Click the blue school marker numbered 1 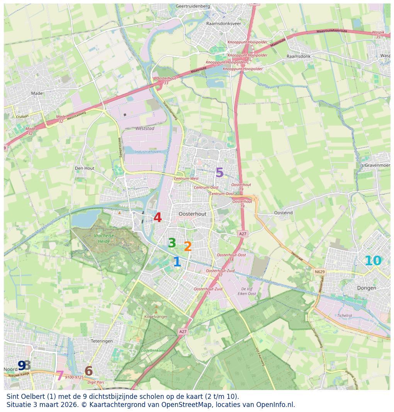pyautogui.click(x=177, y=262)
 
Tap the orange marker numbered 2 pyautogui.click(x=188, y=246)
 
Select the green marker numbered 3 pyautogui.click(x=172, y=243)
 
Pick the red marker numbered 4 pyautogui.click(x=158, y=218)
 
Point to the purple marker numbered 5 pyautogui.click(x=219, y=173)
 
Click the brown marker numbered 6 pyautogui.click(x=88, y=371)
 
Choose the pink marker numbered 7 pyautogui.click(x=60, y=376)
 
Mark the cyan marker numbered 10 pyautogui.click(x=373, y=261)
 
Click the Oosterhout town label pyautogui.click(x=192, y=214)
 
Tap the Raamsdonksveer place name pyautogui.click(x=224, y=24)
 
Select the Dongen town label pyautogui.click(x=367, y=288)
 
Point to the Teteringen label pyautogui.click(x=102, y=341)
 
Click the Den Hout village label pyautogui.click(x=85, y=168)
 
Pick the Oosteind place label pyautogui.click(x=283, y=213)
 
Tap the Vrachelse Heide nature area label pyautogui.click(x=102, y=238)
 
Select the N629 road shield pyautogui.click(x=319, y=272)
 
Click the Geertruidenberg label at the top pyautogui.click(x=193, y=6)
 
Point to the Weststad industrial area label pyautogui.click(x=145, y=128)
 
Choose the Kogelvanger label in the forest pyautogui.click(x=156, y=317)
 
